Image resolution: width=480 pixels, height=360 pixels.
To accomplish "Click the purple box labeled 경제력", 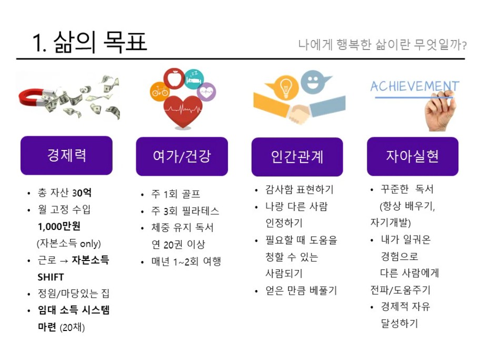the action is point(66,155).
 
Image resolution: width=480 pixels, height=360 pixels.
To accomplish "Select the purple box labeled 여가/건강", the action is point(182,156).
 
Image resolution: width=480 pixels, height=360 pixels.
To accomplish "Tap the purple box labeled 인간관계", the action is point(297,157).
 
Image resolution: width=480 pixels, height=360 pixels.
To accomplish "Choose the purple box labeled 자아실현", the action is point(413,156).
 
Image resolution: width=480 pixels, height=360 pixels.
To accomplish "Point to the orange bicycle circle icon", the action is point(159,91).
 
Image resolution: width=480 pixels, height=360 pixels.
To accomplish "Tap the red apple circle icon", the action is point(174,78).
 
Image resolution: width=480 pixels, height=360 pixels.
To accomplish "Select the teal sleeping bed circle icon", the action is point(194,79).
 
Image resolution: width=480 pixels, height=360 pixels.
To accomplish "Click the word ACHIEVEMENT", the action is point(415,86).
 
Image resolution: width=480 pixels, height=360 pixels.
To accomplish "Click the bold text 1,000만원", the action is point(59,226).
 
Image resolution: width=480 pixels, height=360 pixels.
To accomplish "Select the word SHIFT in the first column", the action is point(51,277).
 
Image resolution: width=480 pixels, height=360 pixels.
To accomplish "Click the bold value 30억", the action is point(82,193).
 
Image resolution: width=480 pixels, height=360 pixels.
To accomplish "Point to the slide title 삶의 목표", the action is point(101,42).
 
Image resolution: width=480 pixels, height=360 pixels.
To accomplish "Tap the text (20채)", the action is point(72,327).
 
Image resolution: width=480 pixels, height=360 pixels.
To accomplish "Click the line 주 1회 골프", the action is point(176,194).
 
